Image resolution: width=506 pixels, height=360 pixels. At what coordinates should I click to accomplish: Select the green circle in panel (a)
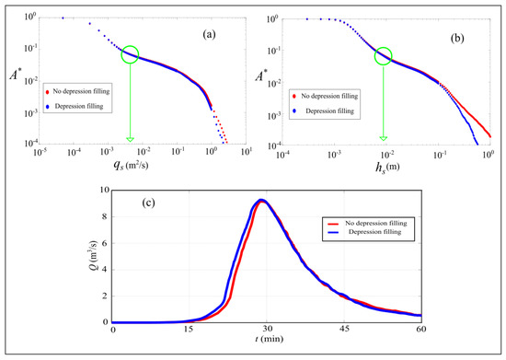(x=132, y=56)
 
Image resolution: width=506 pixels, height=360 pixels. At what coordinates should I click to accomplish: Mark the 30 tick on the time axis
(x=267, y=330)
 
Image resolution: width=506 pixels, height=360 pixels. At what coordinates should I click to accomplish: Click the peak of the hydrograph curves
(x=263, y=200)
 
